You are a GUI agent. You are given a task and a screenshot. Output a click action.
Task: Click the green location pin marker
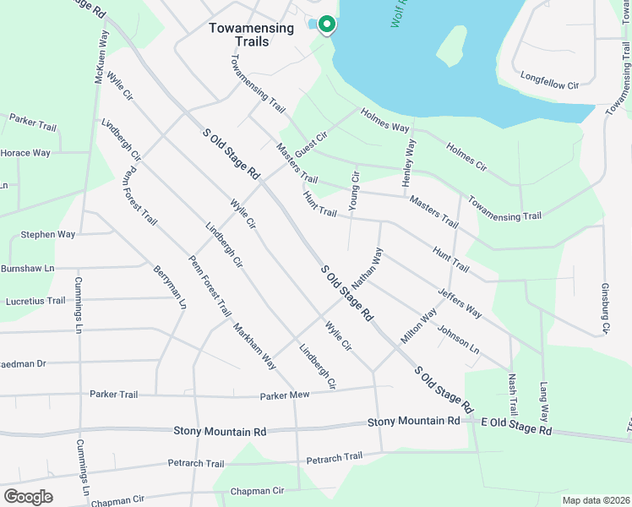point(326,25)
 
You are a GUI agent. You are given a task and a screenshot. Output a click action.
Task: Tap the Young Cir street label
point(355,189)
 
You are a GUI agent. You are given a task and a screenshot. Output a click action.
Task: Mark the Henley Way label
point(410,161)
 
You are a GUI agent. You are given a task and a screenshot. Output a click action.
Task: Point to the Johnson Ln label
point(458,338)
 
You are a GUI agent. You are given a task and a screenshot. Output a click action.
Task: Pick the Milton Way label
point(419,324)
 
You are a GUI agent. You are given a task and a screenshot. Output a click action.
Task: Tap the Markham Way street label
point(254,346)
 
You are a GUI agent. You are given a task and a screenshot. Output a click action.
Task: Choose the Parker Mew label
point(286,395)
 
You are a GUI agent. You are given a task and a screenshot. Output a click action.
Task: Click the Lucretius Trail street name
point(35,301)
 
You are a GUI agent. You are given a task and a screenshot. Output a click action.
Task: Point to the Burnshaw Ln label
point(27,268)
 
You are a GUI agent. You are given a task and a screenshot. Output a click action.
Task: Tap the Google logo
point(28,496)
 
